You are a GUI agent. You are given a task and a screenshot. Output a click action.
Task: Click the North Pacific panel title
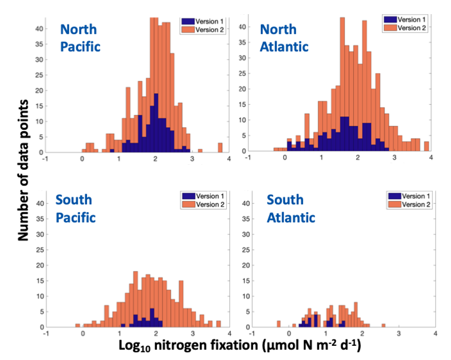pyautogui.click(x=80, y=38)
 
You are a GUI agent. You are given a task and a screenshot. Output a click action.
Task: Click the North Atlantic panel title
pyautogui.click(x=284, y=38)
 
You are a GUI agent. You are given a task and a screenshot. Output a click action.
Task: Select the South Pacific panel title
pyautogui.click(x=76, y=209)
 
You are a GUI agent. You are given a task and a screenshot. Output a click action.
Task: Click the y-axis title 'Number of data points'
pyautogui.click(x=23, y=170)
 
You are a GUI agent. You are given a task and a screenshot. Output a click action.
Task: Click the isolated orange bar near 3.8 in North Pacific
pyautogui.click(x=220, y=147)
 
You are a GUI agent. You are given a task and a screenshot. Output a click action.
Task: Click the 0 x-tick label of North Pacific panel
pyautogui.click(x=82, y=158)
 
